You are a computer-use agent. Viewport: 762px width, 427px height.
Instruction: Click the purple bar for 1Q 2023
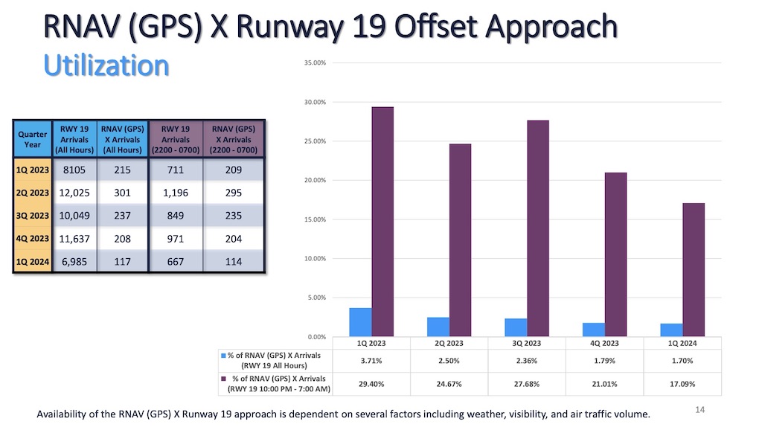pos(382,222)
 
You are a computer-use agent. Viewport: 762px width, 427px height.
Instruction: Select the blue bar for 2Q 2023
pos(438,327)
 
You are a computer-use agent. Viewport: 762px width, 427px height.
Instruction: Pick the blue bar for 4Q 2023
pos(594,330)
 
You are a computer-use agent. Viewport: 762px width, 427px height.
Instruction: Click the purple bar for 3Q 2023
pos(538,228)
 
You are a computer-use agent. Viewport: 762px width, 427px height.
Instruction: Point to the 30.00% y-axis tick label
pos(315,102)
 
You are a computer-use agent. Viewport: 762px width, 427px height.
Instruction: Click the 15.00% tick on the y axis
pos(315,219)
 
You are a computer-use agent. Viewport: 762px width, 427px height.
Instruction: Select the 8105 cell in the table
pos(74,170)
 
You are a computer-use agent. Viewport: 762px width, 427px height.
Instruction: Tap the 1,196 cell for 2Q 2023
pos(176,193)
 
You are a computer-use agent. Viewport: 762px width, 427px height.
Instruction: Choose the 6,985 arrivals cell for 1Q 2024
pos(74,261)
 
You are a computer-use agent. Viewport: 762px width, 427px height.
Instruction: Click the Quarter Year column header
pos(33,139)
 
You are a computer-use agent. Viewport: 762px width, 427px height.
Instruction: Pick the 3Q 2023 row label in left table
pos(33,216)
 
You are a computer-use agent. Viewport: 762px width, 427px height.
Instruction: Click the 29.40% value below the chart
pos(371,384)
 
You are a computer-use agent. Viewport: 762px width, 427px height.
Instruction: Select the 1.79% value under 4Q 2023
pos(603,361)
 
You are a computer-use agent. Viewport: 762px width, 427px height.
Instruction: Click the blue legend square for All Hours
pos(223,356)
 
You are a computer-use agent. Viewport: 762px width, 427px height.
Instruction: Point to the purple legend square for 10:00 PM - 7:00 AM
pos(223,379)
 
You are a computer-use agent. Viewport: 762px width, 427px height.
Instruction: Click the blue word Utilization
pos(106,65)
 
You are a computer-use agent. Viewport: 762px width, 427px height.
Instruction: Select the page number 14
pos(699,409)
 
